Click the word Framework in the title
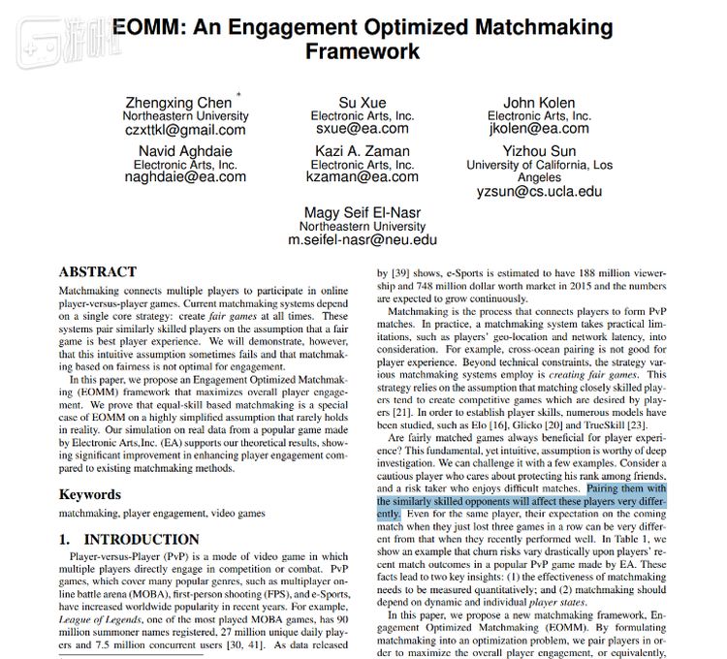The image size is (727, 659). pyautogui.click(x=363, y=50)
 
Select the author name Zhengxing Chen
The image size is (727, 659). pyautogui.click(x=177, y=102)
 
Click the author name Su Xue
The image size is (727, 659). pyautogui.click(x=363, y=102)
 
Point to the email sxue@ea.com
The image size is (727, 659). pyautogui.click(x=363, y=128)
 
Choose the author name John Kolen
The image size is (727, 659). pyautogui.click(x=539, y=102)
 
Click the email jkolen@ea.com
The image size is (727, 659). pyautogui.click(x=539, y=128)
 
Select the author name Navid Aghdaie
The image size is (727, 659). pyautogui.click(x=185, y=151)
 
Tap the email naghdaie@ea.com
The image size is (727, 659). pyautogui.click(x=185, y=177)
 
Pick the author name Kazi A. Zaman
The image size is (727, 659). pyautogui.click(x=363, y=151)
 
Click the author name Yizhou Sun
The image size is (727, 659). pyautogui.click(x=539, y=151)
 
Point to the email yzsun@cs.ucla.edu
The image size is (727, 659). pyautogui.click(x=539, y=192)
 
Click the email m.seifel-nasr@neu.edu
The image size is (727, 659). pyautogui.click(x=363, y=238)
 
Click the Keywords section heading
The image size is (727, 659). pyautogui.click(x=92, y=495)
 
